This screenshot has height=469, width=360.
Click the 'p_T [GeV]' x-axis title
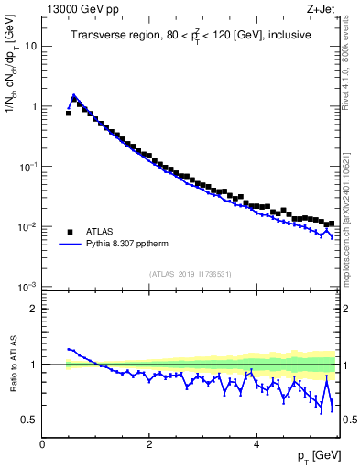click(x=314, y=456)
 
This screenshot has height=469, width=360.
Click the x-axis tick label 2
click(x=149, y=443)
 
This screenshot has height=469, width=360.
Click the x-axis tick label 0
click(x=42, y=443)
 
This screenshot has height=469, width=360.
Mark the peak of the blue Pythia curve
click(x=73, y=94)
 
